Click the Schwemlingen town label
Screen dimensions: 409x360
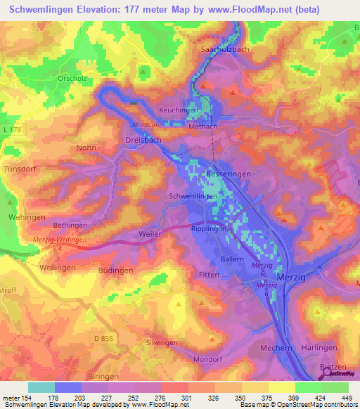click(191, 197)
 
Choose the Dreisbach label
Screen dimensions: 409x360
click(143, 140)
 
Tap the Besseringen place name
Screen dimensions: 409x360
click(228, 173)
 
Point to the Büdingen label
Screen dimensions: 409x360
click(116, 270)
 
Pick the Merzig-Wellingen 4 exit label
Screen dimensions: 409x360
click(60, 242)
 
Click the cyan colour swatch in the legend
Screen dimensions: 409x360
click(41, 387)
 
